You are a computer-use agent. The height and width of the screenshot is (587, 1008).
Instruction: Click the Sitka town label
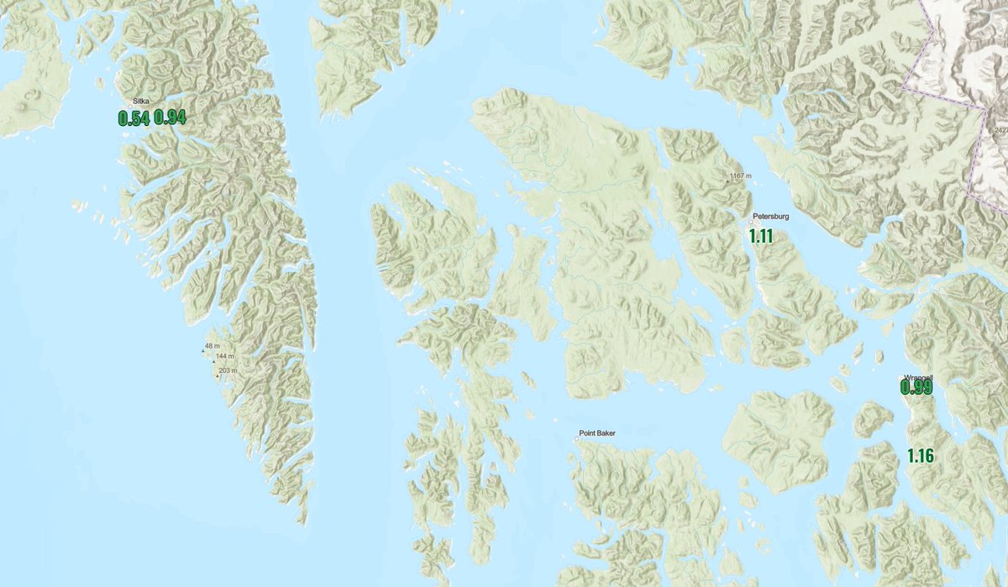pos(141,101)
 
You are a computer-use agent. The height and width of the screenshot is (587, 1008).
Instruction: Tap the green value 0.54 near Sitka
pos(134,118)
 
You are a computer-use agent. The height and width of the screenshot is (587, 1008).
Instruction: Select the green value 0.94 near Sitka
pos(170,118)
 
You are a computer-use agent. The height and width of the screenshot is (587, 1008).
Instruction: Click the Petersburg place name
pos(771,216)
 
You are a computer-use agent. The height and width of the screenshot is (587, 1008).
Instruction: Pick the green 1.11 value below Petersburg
pos(761,236)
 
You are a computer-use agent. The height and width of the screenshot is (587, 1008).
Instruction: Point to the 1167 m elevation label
pos(739,176)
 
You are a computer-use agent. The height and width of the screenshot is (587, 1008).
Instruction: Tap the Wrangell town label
pos(918,377)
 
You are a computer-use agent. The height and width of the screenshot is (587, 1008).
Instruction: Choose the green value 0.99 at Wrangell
pos(916,387)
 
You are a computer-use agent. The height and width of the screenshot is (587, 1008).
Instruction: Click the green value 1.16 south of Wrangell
pos(921,456)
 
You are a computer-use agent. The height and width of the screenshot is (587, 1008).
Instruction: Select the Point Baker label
pos(597,433)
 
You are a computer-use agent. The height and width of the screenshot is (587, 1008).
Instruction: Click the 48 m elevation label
pos(213,346)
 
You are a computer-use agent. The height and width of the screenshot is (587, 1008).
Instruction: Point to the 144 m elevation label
pos(225,357)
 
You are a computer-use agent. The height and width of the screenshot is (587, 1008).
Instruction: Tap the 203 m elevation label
pos(228,370)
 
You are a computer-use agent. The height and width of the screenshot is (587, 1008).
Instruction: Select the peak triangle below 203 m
pos(218,375)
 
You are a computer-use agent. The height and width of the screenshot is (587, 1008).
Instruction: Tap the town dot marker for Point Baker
pos(578,437)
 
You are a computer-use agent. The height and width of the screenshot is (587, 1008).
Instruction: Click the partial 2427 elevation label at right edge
pos(1000,130)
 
